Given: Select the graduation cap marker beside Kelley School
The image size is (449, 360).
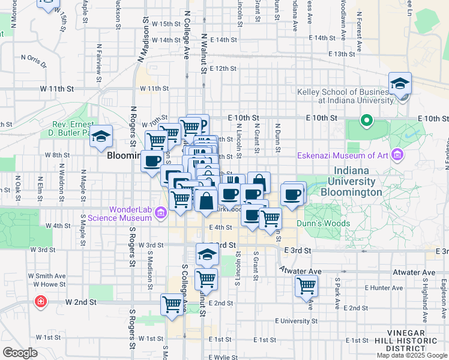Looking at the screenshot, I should click(400, 85).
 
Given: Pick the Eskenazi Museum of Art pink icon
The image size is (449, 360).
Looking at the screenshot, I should click(396, 156).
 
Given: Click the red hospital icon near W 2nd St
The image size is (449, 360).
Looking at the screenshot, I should click(41, 301).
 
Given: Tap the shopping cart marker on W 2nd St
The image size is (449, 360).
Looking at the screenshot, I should click(172, 304).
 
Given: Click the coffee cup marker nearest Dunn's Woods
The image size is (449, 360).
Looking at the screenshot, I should click(292, 194).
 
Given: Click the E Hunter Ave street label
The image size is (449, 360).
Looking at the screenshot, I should click(370, 288).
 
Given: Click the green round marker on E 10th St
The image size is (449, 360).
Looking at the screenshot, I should click(366, 122).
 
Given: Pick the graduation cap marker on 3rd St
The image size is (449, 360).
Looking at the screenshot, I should click(207, 254).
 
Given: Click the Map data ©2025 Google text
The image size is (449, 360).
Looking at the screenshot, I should click(412, 355).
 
